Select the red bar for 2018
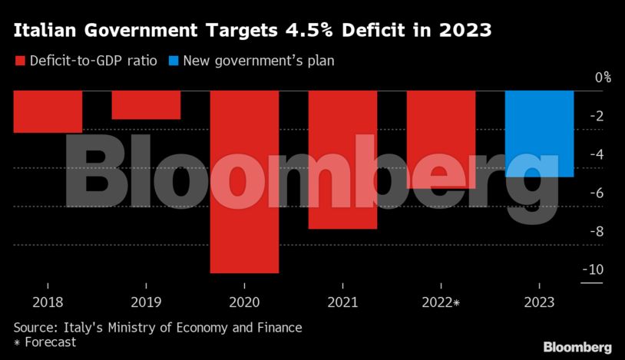[48, 111]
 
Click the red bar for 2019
[146, 104]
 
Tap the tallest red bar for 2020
[244, 181]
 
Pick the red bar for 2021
[342, 159]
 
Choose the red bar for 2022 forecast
[441, 139]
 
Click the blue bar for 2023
[539, 134]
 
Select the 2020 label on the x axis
[244, 303]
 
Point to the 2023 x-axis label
[539, 303]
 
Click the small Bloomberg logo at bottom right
[577, 347]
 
